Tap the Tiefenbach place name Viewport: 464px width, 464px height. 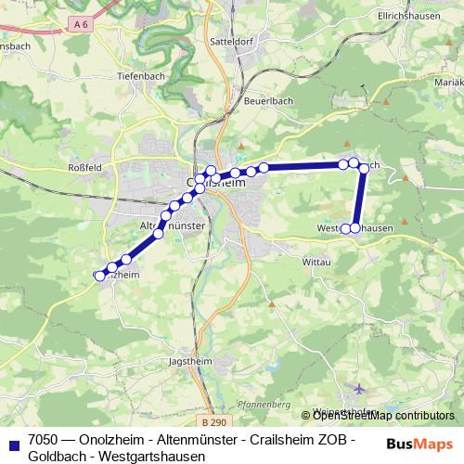[x=141, y=76]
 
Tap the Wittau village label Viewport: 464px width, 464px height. [x=316, y=263]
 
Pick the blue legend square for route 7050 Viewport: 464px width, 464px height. [x=13, y=445]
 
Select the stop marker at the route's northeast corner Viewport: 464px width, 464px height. [x=364, y=168]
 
